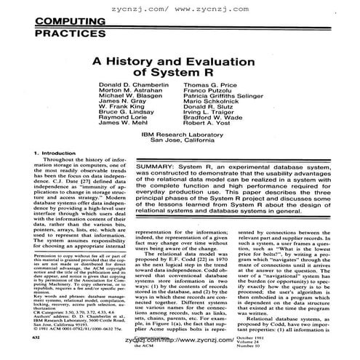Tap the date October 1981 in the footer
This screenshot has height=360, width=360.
[300, 337]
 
